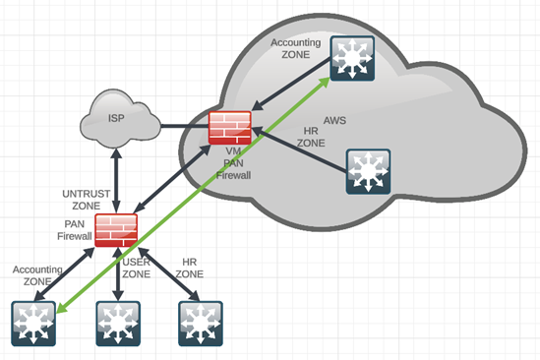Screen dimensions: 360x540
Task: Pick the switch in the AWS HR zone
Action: click(368, 171)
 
